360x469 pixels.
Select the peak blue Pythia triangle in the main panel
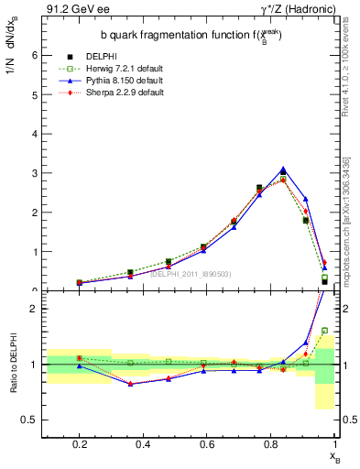tap(284, 170)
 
